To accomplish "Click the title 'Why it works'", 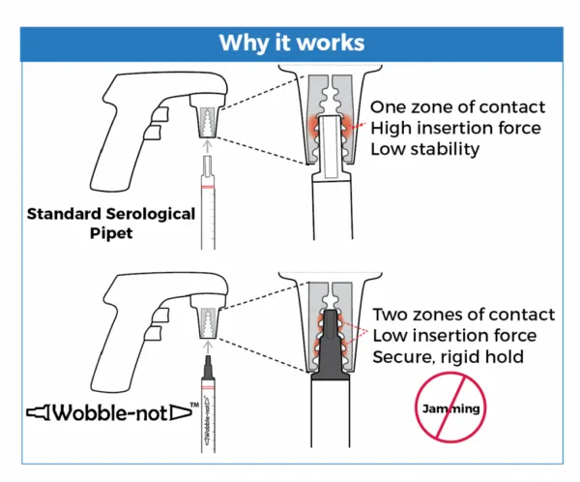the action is click(x=292, y=43).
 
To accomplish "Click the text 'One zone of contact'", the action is click(x=457, y=107).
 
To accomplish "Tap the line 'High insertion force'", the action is click(x=455, y=128).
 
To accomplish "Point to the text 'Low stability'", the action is click(x=424, y=149).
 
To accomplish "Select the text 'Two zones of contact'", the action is click(x=463, y=315).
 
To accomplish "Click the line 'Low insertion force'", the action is click(x=454, y=336).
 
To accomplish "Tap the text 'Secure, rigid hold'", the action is click(x=448, y=357).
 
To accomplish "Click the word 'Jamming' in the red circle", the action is click(x=450, y=408).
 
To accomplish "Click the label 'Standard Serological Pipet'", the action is click(x=111, y=224).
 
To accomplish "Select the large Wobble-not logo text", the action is click(x=110, y=412).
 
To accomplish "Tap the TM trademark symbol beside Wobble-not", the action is click(x=194, y=405).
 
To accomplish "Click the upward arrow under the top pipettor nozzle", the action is click(x=208, y=146).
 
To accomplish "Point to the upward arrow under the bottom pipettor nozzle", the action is click(x=208, y=347).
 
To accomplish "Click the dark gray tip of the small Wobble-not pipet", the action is click(x=208, y=368).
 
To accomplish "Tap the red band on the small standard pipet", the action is click(x=208, y=187).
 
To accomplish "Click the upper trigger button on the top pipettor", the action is click(x=159, y=115).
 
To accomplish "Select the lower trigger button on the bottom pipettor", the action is click(x=153, y=333).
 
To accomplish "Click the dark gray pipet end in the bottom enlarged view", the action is click(x=330, y=345).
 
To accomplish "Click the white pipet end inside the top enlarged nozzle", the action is click(x=330, y=148).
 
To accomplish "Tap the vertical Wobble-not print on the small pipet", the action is click(x=208, y=420).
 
